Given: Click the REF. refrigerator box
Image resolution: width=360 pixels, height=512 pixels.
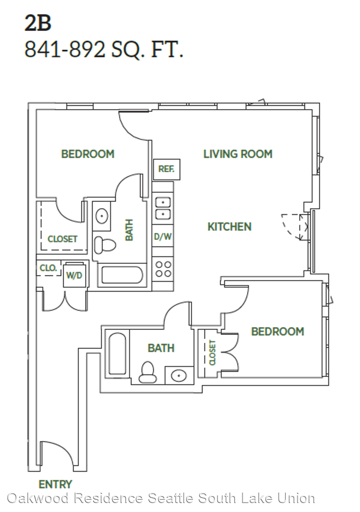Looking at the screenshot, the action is [x=166, y=169].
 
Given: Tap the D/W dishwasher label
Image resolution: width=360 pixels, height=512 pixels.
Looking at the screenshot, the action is [x=163, y=236].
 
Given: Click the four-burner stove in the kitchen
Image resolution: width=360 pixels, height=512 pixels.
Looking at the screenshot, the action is [x=163, y=269].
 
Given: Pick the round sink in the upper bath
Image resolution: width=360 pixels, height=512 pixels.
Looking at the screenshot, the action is [x=102, y=216].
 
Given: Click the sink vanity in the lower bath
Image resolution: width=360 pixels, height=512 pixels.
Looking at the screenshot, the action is [x=179, y=375].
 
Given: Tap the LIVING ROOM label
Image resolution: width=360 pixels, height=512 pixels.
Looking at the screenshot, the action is [x=238, y=154].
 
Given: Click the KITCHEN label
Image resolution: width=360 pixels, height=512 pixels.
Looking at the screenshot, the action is [x=230, y=226].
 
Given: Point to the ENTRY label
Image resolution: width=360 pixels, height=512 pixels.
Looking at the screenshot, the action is [x=55, y=484].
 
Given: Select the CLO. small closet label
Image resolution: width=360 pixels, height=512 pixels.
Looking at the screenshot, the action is [x=48, y=268].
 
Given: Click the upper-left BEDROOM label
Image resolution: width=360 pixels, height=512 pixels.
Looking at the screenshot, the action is [x=88, y=154].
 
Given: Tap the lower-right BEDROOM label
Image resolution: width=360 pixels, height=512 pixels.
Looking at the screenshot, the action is [x=277, y=331].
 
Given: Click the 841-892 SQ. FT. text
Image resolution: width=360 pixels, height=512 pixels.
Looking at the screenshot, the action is [x=104, y=50].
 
